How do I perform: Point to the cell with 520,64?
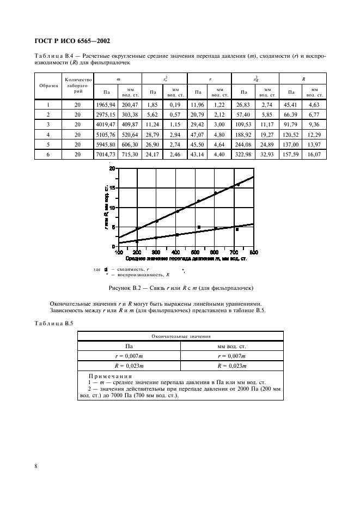(x=130, y=135)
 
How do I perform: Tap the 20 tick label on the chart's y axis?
(x=113, y=169)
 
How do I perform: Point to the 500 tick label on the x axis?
(x=196, y=252)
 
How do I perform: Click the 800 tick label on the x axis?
(x=253, y=252)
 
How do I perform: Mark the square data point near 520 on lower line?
(x=199, y=227)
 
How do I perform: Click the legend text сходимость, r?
(x=132, y=270)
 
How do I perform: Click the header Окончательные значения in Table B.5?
(x=180, y=337)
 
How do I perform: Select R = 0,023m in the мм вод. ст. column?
(x=231, y=367)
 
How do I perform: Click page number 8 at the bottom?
(x=36, y=466)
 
